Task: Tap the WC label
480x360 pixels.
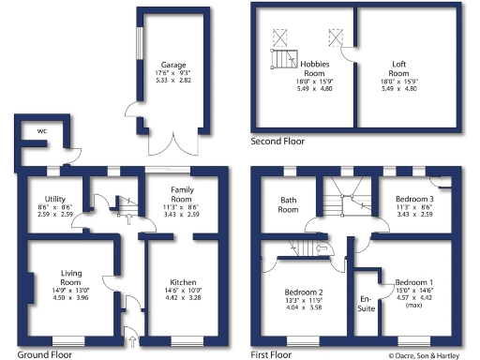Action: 41,130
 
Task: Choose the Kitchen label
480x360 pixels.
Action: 183,282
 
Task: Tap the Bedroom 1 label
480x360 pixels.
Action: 413,282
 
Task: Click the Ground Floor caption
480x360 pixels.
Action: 43,355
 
